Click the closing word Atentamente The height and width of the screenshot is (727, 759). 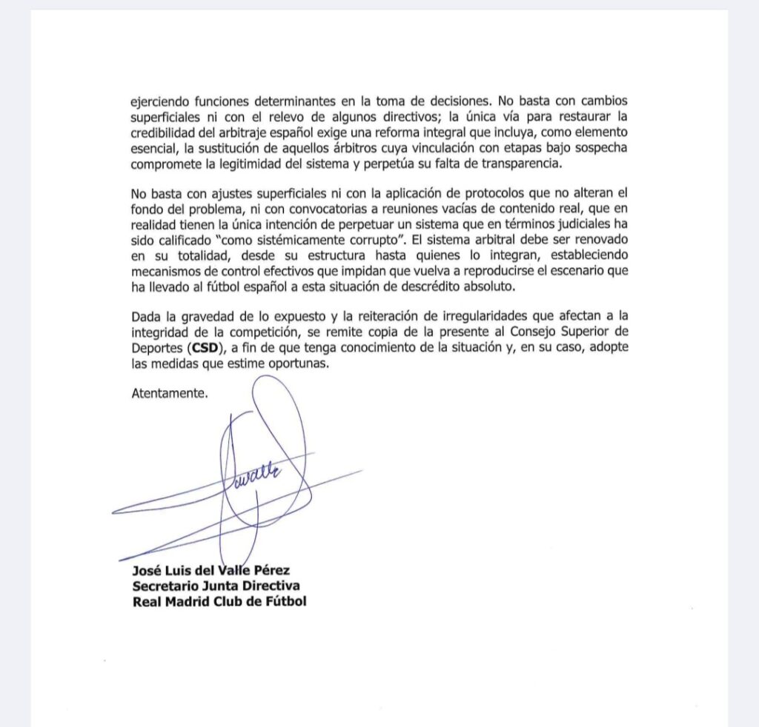pyautogui.click(x=170, y=393)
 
